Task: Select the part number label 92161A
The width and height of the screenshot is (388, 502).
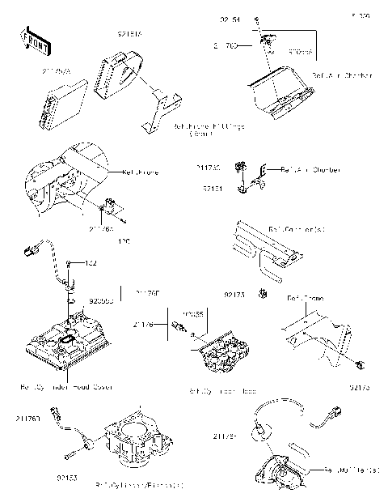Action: click(129, 35)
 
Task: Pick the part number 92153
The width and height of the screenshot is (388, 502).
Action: click(69, 479)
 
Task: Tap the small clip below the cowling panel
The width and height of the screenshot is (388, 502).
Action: click(264, 291)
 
